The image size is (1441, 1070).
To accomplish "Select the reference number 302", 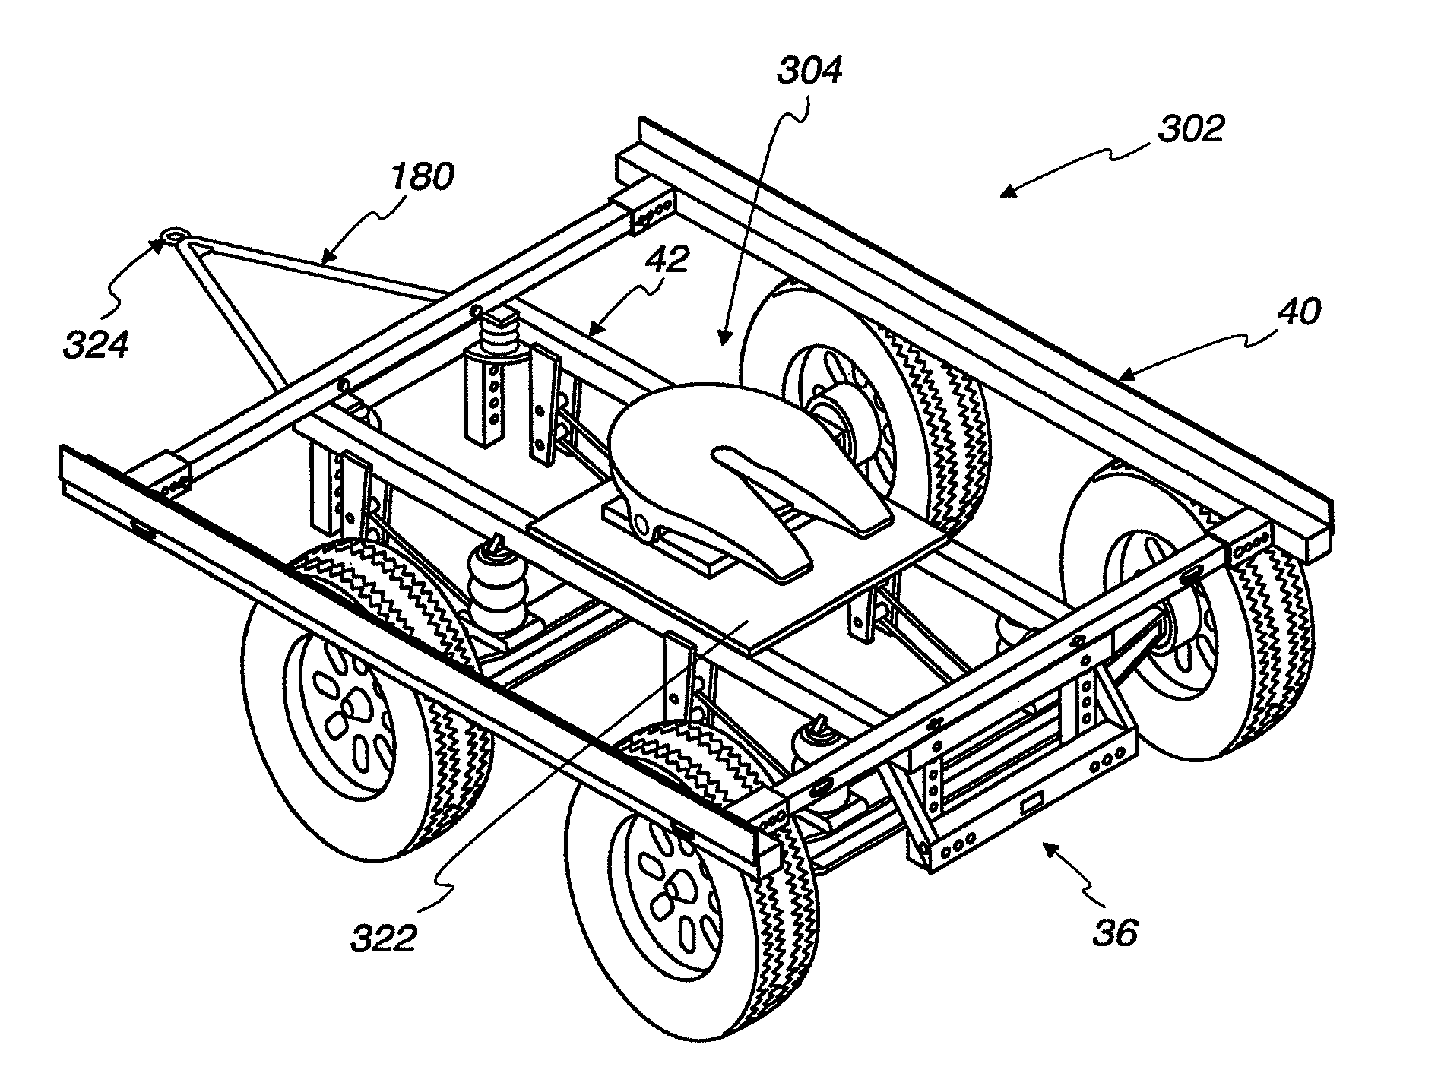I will coord(1191,129).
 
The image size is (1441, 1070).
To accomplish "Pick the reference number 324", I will coord(95,343).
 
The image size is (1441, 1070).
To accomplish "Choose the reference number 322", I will coord(383,939).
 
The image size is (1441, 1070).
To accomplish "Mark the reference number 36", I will coord(1116,932).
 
